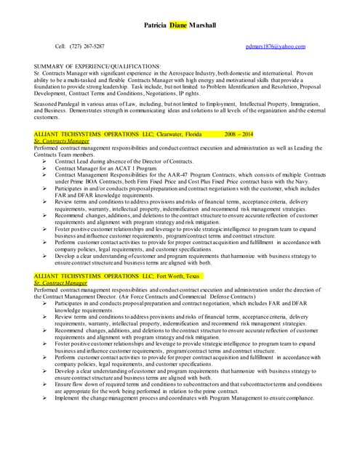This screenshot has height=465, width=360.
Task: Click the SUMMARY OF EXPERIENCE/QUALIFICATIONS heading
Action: (x=97, y=67)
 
